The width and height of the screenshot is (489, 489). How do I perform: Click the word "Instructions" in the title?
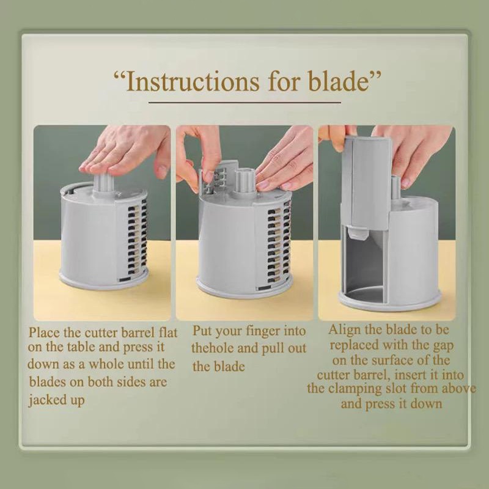coord(193,81)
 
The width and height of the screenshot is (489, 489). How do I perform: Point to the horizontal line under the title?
coord(244,102)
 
